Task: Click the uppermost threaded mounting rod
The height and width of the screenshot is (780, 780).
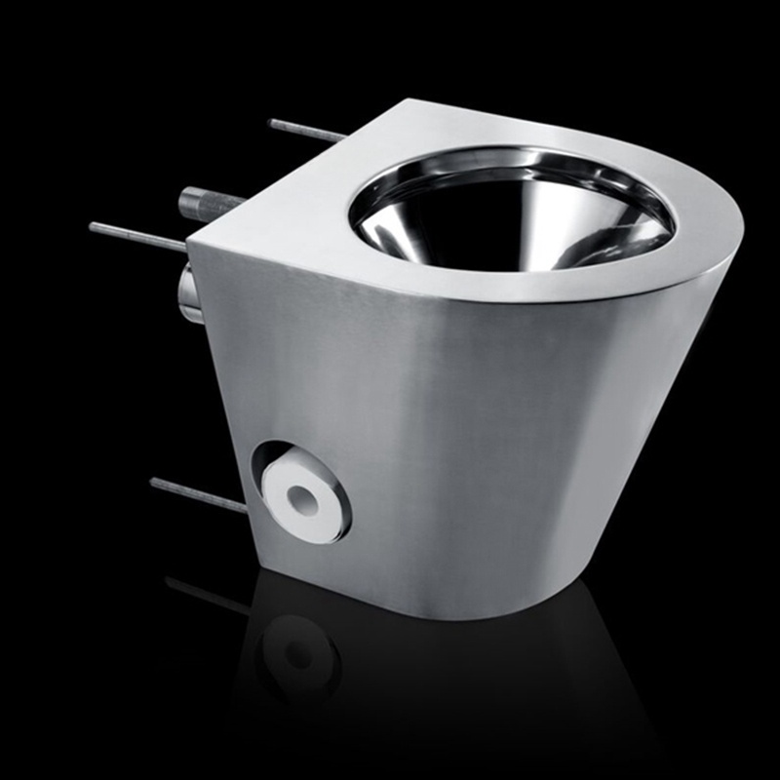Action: (307, 130)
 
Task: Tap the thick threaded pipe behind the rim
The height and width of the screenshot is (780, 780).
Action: (209, 202)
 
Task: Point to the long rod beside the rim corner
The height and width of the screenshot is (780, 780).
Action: (136, 235)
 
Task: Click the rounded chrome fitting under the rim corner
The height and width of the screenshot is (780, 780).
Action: (189, 292)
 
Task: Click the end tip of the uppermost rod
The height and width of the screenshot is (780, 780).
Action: (271, 122)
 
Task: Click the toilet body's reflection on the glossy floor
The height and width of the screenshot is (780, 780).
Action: (468, 682)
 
